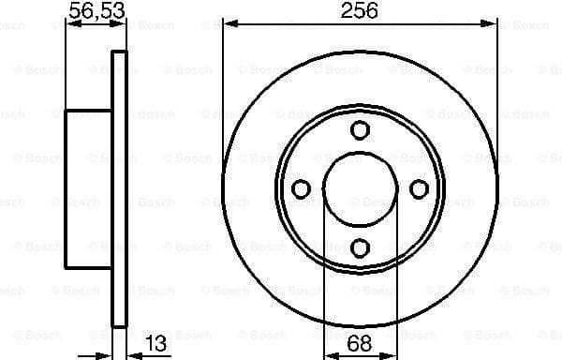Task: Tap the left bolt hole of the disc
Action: pos(302,189)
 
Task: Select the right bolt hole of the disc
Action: pos(419,189)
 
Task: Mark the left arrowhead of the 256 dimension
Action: pos(229,24)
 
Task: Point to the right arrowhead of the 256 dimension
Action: pos(491,24)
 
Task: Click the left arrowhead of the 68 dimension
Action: pos(329,354)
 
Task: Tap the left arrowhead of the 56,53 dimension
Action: pos(70,24)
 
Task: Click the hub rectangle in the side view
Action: pos(88,188)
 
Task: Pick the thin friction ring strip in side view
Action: pos(119,187)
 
